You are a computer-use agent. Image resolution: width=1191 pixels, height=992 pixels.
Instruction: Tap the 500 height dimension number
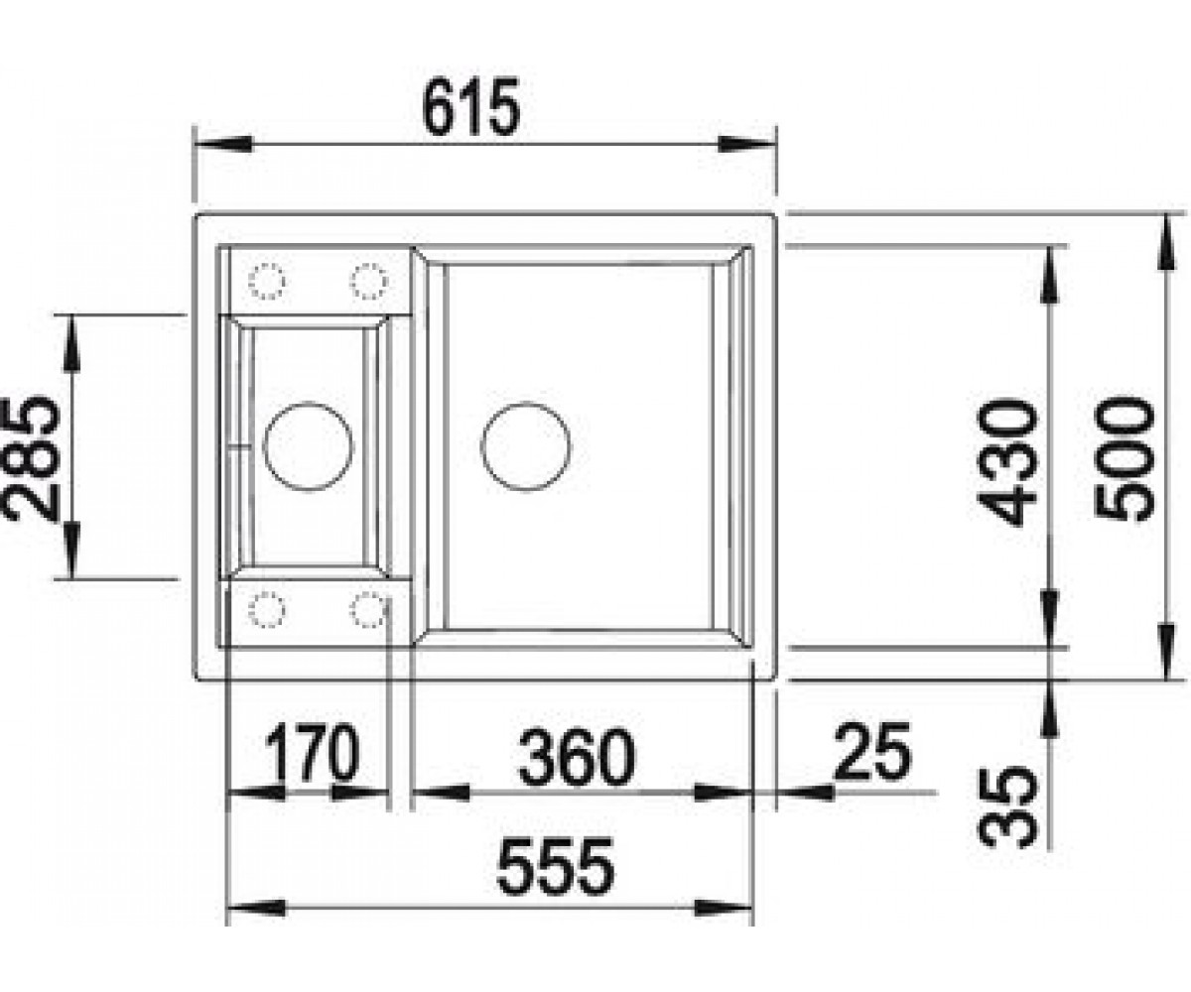(x=1124, y=459)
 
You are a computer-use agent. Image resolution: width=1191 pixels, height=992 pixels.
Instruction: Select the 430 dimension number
(x=1004, y=462)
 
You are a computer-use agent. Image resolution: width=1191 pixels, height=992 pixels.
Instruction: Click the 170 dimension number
(x=313, y=752)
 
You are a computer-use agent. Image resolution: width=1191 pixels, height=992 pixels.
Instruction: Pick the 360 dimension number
(x=577, y=757)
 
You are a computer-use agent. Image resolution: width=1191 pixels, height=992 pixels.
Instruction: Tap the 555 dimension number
(x=556, y=867)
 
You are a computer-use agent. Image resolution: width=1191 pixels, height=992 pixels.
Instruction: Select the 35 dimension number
(x=1005, y=806)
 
